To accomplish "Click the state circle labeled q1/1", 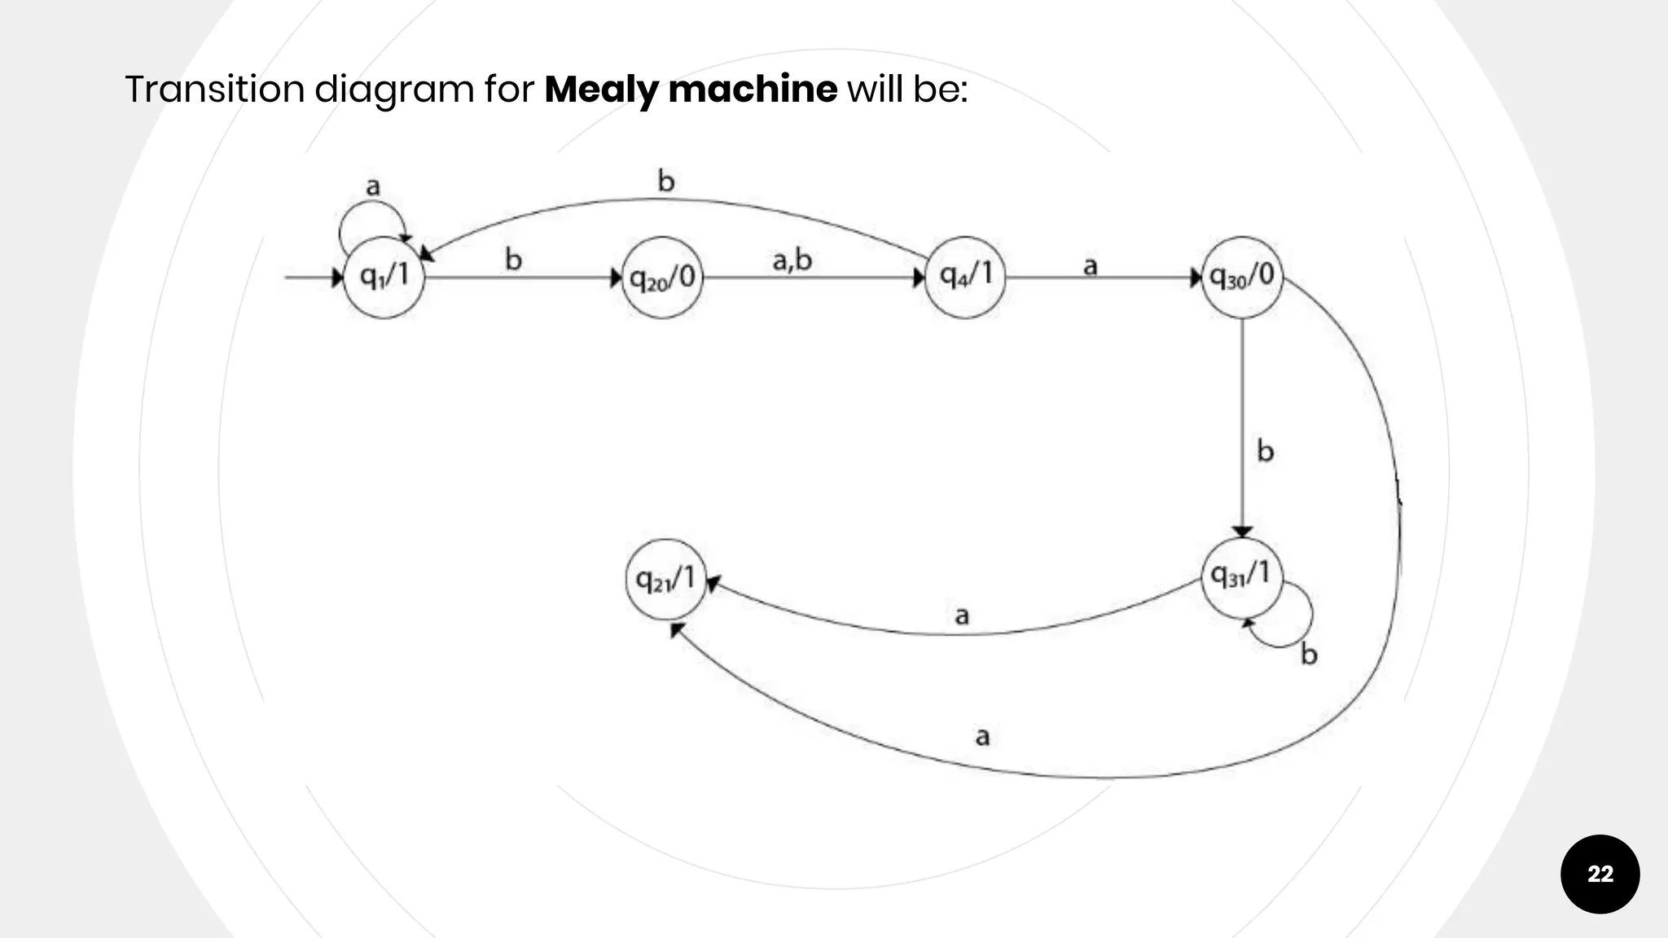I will pos(384,277).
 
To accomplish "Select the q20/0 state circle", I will pos(662,278).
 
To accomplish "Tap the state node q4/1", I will pos(965,277).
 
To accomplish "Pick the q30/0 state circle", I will pos(1242,277).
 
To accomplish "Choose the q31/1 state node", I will pos(1241,576).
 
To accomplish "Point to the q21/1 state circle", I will pos(666,579).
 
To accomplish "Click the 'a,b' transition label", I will pos(792,260).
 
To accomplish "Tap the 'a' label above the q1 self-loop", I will pos(373,186).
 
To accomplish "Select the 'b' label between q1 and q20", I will pos(513,260).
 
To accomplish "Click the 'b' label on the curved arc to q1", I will pos(666,181).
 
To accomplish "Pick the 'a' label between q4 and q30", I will pos(1090,265).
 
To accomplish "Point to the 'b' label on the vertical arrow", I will pos(1265,451).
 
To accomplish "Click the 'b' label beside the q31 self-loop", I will pos(1308,654).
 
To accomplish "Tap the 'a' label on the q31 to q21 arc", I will pos(962,615).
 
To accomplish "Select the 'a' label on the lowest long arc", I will pos(982,736).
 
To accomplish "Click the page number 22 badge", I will pos(1600,874).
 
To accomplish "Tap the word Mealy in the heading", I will pos(601,89).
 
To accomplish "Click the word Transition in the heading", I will pos(214,89).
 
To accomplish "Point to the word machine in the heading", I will pos(753,89).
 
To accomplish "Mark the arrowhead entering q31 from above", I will pos(1242,532).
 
